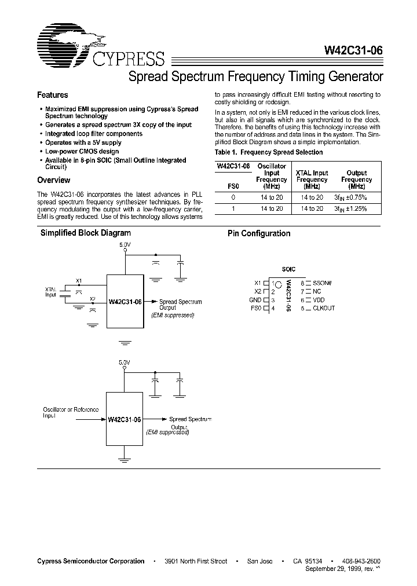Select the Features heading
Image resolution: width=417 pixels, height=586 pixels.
click(x=53, y=95)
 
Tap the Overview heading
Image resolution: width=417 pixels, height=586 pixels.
click(x=54, y=180)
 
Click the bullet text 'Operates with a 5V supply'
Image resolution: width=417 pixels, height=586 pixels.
click(x=83, y=142)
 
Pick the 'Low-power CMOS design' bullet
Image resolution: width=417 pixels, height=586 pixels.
click(x=82, y=151)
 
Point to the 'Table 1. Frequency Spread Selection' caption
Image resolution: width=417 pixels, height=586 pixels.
click(x=269, y=152)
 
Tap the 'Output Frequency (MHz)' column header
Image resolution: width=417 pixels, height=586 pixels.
click(x=357, y=180)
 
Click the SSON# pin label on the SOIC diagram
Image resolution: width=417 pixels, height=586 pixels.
click(x=323, y=283)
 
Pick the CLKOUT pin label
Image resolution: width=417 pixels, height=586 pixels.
click(x=323, y=308)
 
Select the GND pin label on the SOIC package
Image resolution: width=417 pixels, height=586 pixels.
click(x=255, y=300)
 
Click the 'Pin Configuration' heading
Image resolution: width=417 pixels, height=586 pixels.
click(x=258, y=233)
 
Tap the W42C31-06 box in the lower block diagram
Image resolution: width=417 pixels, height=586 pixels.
click(x=125, y=419)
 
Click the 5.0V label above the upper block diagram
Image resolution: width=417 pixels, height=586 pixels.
click(x=125, y=245)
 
